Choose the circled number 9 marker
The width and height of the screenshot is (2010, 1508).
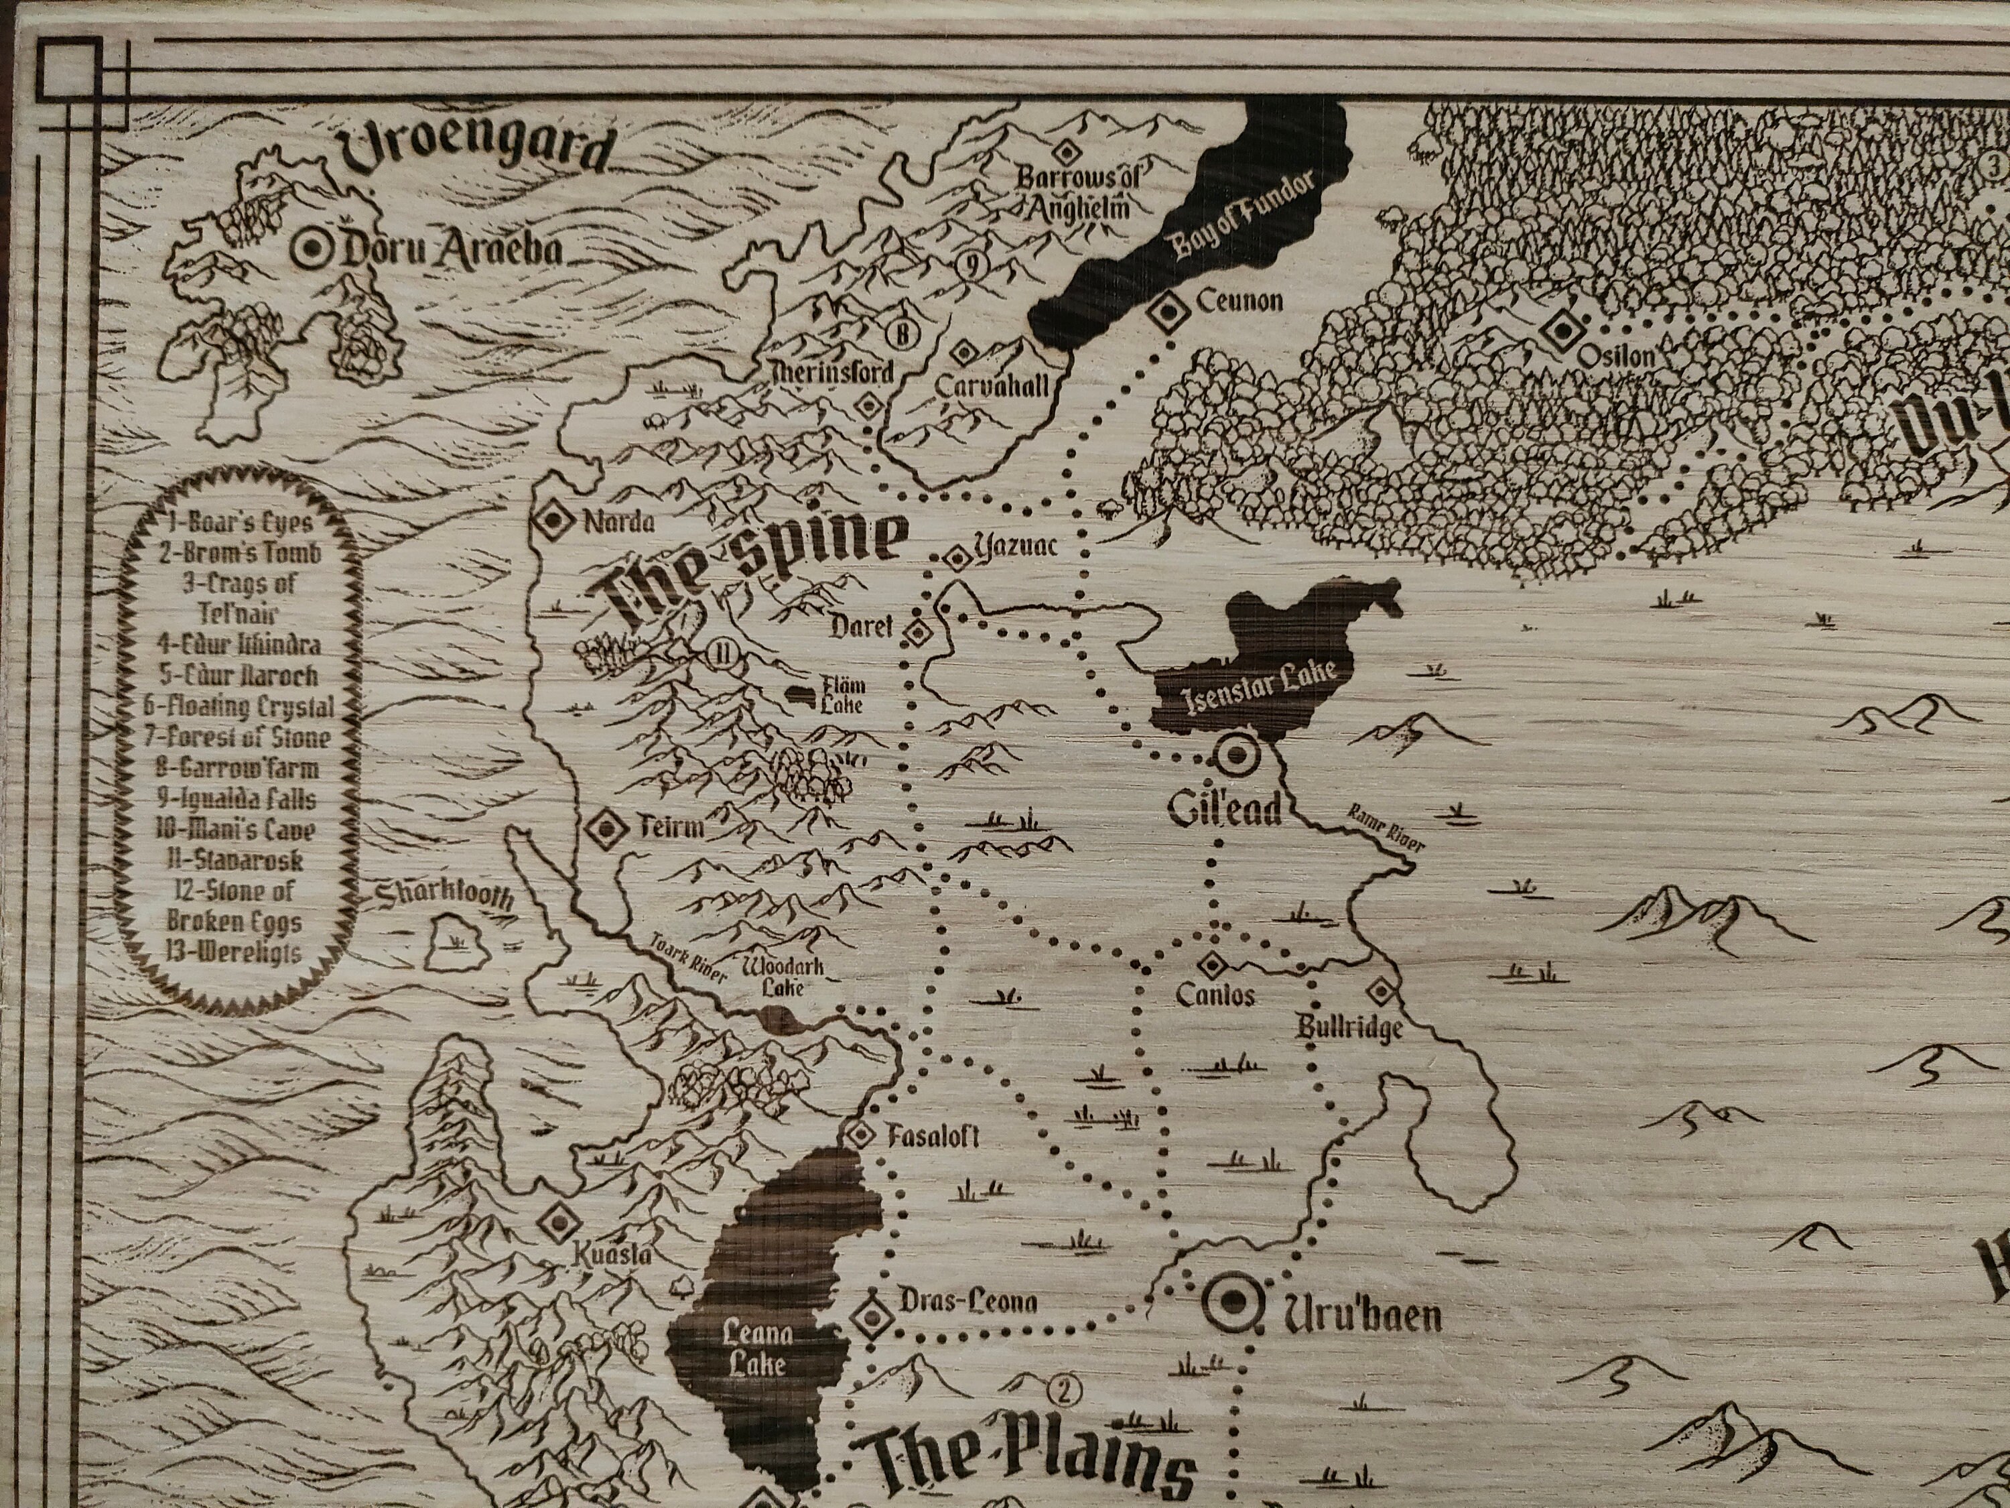pyautogui.click(x=972, y=265)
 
